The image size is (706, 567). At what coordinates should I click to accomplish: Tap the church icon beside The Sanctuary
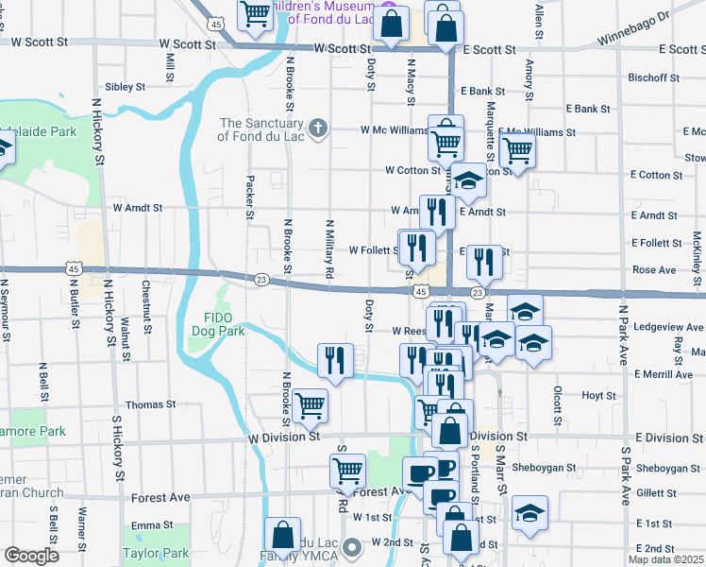[319, 129]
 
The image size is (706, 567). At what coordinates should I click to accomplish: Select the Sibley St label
[125, 86]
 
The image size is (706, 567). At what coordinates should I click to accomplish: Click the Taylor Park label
[156, 554]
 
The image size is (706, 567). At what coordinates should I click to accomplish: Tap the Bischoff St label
[652, 77]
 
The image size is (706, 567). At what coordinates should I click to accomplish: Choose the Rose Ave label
[654, 270]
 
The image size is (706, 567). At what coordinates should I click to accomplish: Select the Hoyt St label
[598, 395]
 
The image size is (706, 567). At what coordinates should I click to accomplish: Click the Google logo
[31, 556]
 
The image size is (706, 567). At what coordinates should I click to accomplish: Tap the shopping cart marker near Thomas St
[310, 406]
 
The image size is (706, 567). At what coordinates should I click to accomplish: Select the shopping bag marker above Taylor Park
[282, 535]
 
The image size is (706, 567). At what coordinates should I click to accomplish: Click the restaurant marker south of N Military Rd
[334, 359]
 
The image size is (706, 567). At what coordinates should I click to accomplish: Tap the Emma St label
[149, 525]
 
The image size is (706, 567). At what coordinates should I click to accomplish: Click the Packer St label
[250, 197]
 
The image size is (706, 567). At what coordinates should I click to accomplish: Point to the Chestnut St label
[147, 309]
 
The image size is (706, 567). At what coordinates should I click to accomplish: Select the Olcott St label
[558, 400]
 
